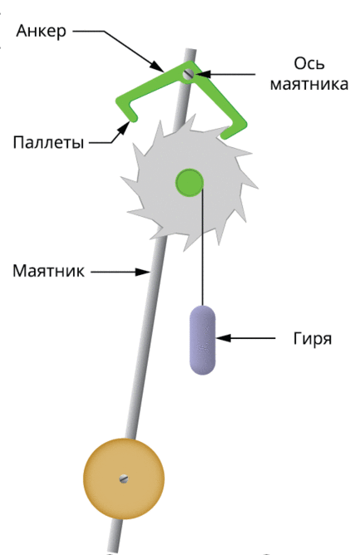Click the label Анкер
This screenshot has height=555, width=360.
pos(41,31)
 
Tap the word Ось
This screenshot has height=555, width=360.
pos(309,64)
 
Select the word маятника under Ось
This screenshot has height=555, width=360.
pos(309,85)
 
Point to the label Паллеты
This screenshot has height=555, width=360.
pos(48,142)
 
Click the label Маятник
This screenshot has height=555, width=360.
pos(48,271)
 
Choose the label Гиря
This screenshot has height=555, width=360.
pos(313,339)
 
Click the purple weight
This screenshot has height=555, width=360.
pos(203,340)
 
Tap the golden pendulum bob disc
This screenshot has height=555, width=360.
pos(124,479)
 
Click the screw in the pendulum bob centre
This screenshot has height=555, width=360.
pos(124,479)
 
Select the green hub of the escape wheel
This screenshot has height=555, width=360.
pos(190,182)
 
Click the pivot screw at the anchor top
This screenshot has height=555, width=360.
pos(188,74)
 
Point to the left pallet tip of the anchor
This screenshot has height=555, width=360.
pos(134,118)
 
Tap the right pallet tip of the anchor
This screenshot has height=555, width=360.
pos(224,135)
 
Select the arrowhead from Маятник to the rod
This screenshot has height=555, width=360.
pos(144,272)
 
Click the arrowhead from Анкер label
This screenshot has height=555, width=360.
pos(157,66)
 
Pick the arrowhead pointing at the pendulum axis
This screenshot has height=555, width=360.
pos(202,74)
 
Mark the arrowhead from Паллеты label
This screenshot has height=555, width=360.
pos(124,128)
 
